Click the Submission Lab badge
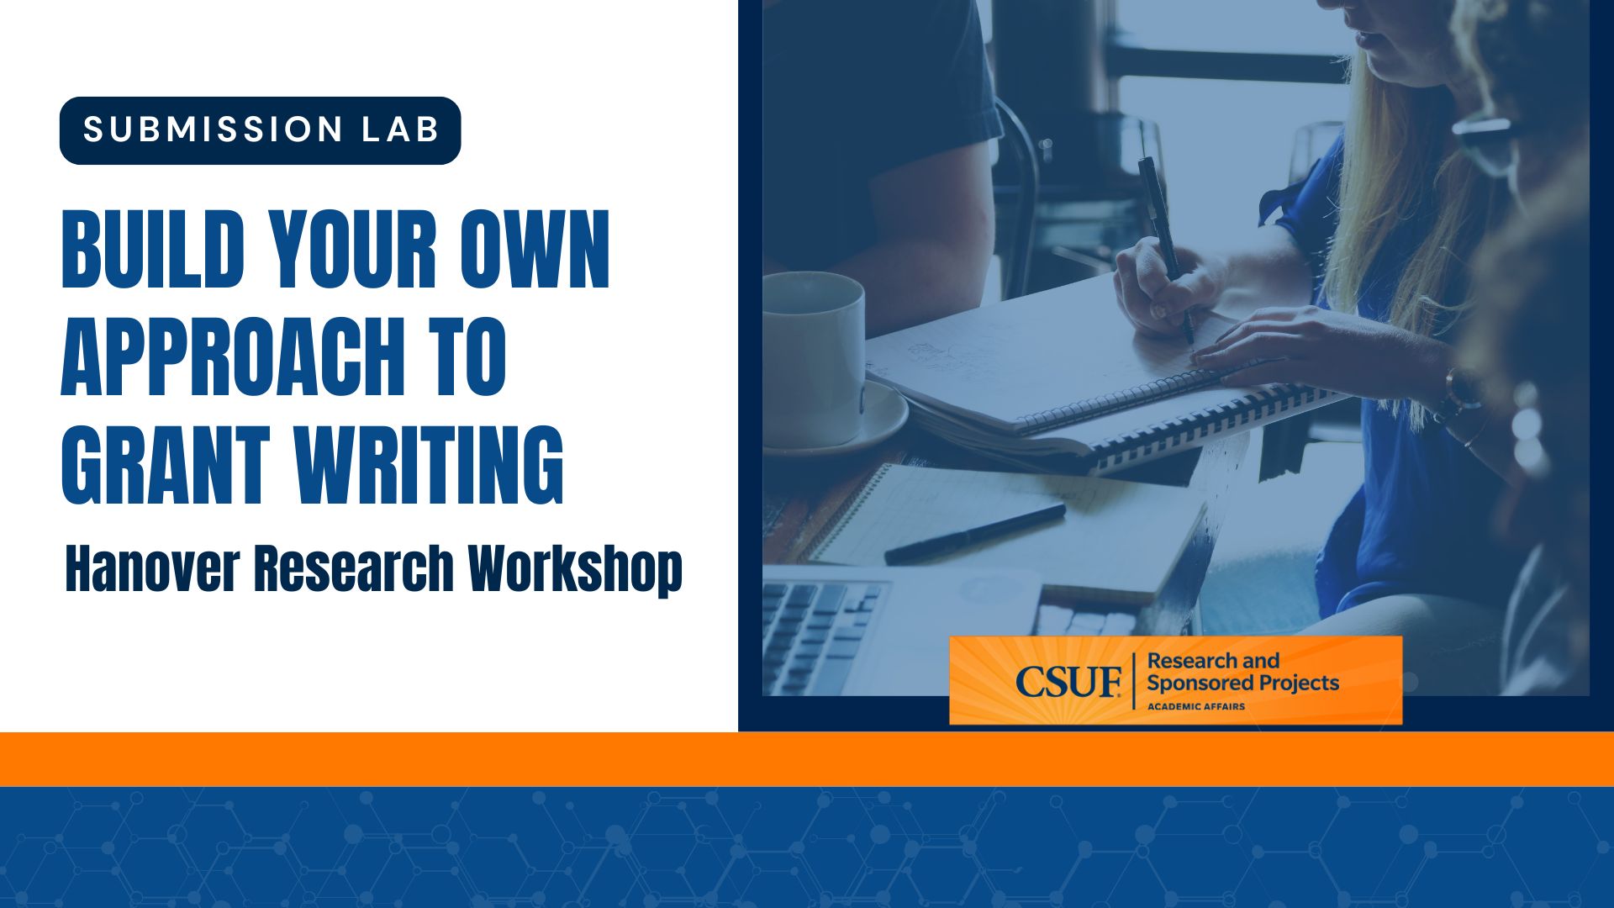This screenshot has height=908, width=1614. coord(260,130)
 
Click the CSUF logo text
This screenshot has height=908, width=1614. coord(1068,681)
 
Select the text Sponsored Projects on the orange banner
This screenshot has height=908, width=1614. coord(1242,683)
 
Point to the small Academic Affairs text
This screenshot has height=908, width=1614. coord(1195,706)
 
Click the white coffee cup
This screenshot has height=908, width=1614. coord(812,353)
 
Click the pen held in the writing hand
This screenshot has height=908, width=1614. coord(1164,244)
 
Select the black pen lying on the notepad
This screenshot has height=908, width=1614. coord(975,533)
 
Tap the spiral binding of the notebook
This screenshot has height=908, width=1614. coord(1194,420)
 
